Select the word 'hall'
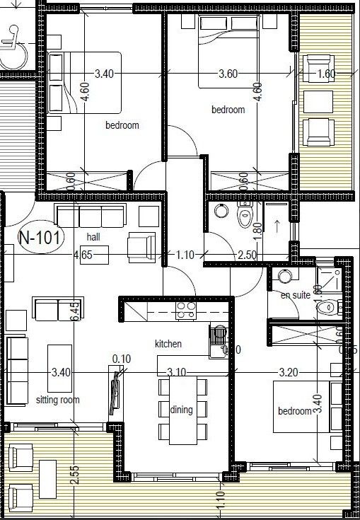coord(93,236)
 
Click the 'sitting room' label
coord(58,400)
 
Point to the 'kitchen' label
coord(169,344)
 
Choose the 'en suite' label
coord(295,295)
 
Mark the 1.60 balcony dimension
coord(326,74)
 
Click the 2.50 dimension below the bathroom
coord(247,254)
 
